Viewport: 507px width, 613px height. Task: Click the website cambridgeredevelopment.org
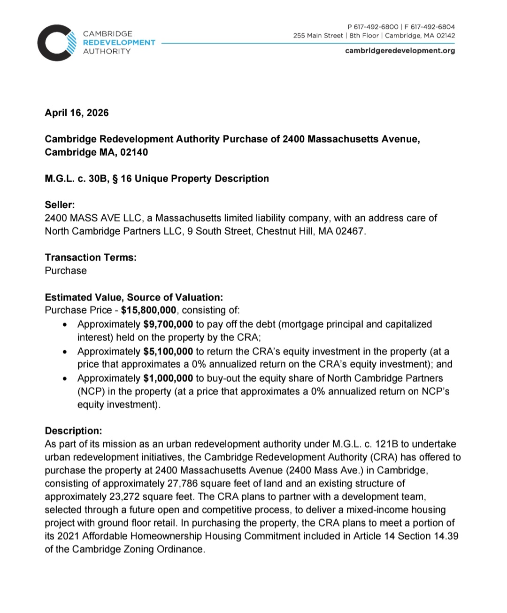click(400, 51)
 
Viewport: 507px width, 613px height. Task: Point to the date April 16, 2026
click(77, 113)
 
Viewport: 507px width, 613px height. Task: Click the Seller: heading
click(60, 205)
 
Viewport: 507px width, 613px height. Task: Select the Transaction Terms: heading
click(91, 258)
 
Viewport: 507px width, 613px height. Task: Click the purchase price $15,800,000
click(148, 310)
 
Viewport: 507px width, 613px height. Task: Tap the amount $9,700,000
click(168, 324)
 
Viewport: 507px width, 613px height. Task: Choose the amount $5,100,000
click(168, 352)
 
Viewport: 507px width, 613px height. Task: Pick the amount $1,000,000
click(168, 378)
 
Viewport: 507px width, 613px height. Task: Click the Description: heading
click(73, 431)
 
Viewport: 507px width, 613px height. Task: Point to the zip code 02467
click(350, 231)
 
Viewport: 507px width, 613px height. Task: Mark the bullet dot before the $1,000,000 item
click(66, 379)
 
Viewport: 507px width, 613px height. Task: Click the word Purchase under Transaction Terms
click(66, 271)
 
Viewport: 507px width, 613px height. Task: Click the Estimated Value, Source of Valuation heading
click(134, 298)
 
